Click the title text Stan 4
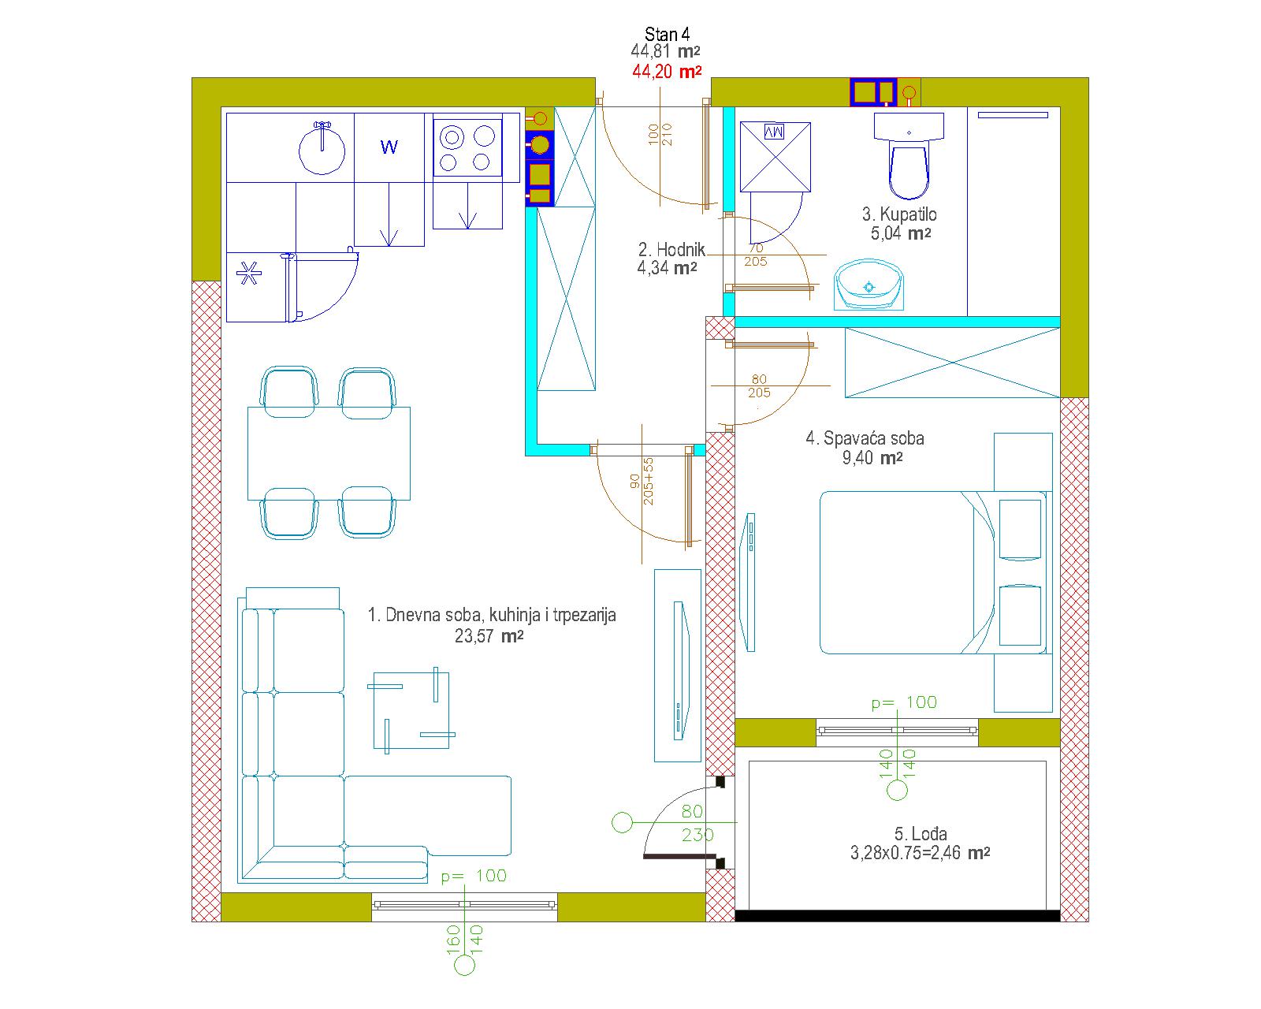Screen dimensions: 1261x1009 click(667, 35)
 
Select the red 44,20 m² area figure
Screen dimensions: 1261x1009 click(667, 72)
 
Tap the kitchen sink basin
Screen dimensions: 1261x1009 click(322, 150)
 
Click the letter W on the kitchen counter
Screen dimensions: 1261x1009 click(389, 147)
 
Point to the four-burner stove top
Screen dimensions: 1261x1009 click(467, 147)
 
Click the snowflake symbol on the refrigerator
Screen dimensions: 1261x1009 click(249, 274)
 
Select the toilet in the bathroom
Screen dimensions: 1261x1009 click(909, 155)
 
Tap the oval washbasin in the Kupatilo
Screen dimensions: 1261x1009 click(869, 285)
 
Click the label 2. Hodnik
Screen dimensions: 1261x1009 click(671, 250)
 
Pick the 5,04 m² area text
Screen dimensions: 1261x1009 click(901, 233)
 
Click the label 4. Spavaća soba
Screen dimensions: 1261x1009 click(865, 438)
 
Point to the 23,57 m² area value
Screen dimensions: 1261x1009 click(489, 635)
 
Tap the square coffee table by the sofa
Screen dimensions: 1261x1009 click(411, 710)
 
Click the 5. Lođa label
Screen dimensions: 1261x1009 click(921, 833)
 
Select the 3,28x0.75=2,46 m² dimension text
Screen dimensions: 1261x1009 click(920, 852)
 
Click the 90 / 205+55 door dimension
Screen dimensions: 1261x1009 click(642, 482)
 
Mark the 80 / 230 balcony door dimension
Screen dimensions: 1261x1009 click(696, 822)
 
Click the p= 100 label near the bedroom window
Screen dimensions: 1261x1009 click(904, 702)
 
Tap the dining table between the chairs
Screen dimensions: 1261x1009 click(329, 453)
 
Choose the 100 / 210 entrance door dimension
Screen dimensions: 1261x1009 click(660, 134)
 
